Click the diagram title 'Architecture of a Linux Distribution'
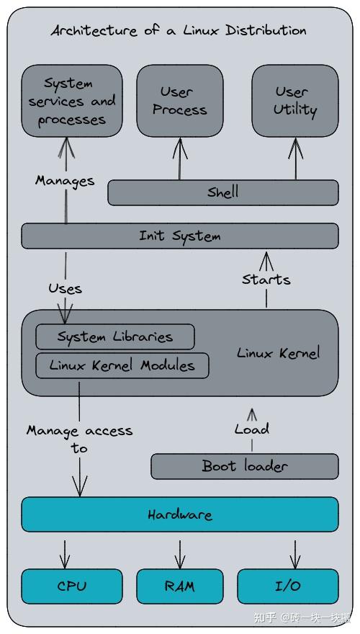[x=179, y=30]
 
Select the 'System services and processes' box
[x=71, y=101]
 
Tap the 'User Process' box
[x=179, y=101]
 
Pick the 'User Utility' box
[x=294, y=101]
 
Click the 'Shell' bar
[x=222, y=192]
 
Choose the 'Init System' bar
[x=179, y=236]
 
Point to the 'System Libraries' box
[x=115, y=336]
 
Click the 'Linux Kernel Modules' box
[x=122, y=365]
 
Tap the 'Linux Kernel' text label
[x=278, y=353]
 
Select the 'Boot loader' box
[x=244, y=466]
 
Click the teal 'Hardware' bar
[x=179, y=514]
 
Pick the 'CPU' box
[x=71, y=586]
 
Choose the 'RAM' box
[x=179, y=586]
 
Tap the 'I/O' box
[x=287, y=586]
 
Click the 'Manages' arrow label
[x=65, y=180]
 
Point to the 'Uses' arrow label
[x=65, y=288]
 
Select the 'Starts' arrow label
[x=266, y=279]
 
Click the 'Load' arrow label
[x=251, y=429]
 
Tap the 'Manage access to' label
[x=79, y=439]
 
